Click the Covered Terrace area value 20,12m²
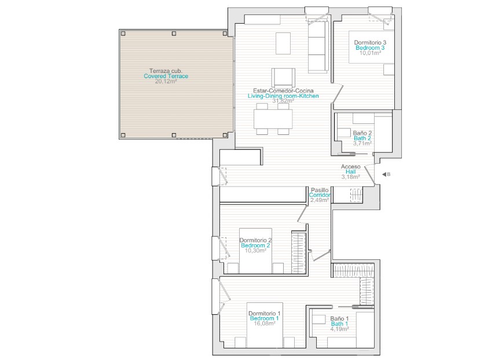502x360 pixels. [166, 81]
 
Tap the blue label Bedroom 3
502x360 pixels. [370, 47]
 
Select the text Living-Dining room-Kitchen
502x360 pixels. [283, 96]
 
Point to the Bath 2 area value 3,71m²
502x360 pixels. [362, 144]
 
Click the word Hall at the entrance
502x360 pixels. [350, 172]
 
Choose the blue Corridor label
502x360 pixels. [320, 195]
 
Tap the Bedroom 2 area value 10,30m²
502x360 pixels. [255, 251]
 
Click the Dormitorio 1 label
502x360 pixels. [265, 314]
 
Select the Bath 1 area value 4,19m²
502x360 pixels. [339, 329]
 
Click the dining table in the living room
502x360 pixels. [273, 119]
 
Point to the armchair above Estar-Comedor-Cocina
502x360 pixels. [283, 78]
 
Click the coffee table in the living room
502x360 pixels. [283, 43]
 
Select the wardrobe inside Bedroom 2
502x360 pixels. [298, 253]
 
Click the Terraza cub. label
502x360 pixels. [166, 71]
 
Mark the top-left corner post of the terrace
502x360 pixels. [123, 34]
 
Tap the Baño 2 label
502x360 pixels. [362, 133]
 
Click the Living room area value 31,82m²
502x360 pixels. [283, 101]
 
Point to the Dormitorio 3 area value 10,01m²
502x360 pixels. [370, 53]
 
